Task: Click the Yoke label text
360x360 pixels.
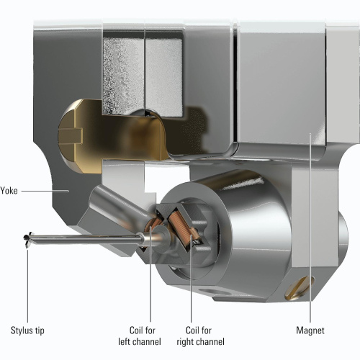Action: pos(9,191)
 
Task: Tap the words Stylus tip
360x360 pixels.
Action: pos(27,330)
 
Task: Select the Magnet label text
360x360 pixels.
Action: pos(310,330)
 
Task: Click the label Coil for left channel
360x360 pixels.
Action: pos(140,336)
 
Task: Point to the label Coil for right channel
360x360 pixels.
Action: pos(200,336)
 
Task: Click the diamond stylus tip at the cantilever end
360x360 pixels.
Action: pos(27,238)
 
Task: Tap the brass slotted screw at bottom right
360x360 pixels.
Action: pos(300,289)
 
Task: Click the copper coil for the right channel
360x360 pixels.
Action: pos(181,227)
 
